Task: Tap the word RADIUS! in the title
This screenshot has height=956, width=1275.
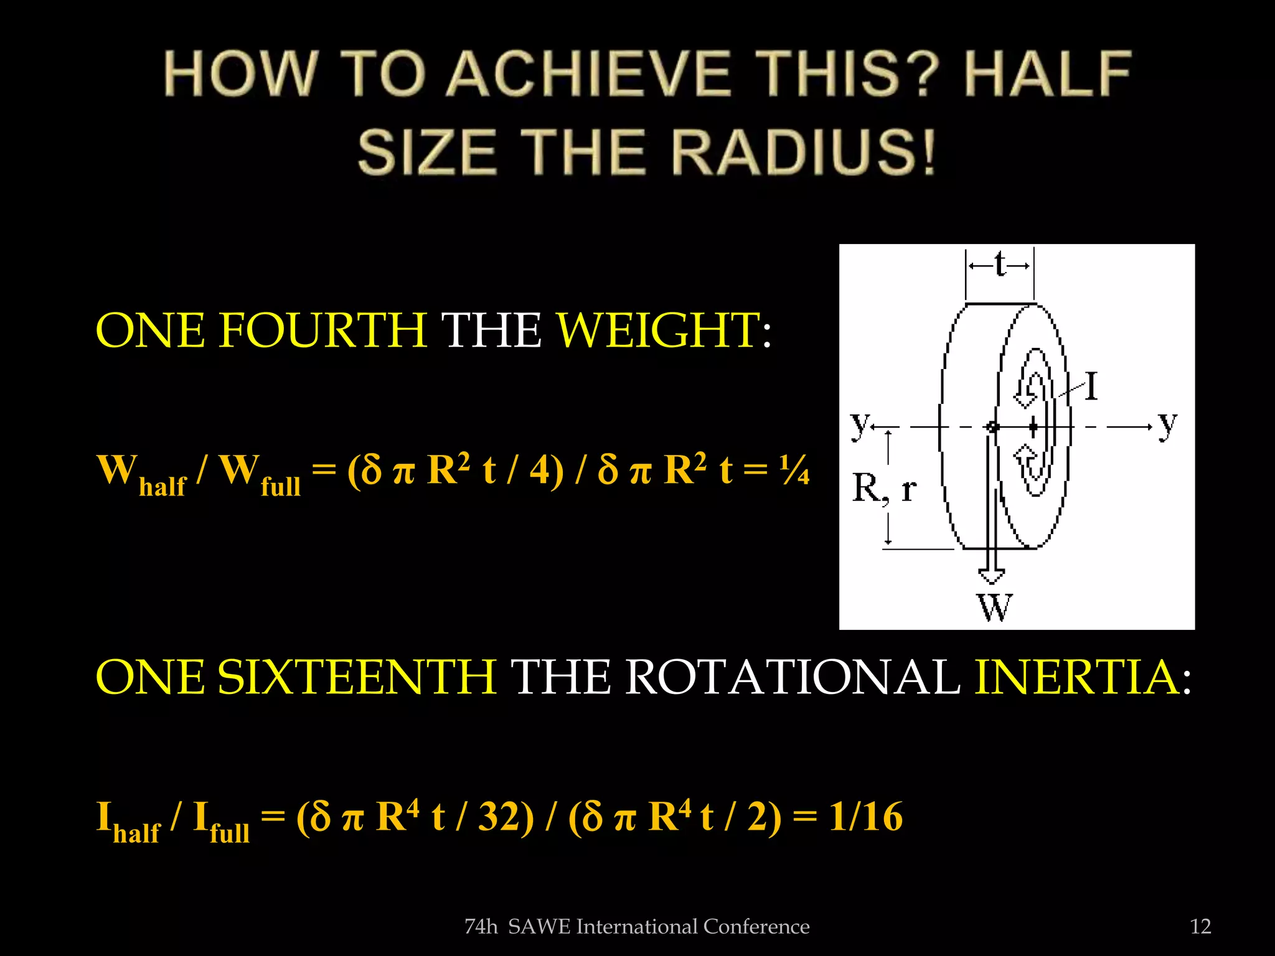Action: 803,152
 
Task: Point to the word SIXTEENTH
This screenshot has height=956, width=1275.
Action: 357,677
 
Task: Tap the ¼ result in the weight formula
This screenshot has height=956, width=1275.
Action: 794,470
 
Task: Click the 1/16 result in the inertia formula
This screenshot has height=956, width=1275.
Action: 865,817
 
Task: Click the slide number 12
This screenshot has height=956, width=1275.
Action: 1200,927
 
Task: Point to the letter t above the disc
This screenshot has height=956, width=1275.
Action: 1000,265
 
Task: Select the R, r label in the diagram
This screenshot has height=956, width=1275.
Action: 883,489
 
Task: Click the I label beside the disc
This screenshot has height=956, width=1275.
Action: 1091,387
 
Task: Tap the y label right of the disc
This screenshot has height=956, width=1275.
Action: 1168,424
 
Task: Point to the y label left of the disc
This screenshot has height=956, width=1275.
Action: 860,424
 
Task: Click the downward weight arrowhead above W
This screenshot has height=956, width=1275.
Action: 991,576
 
